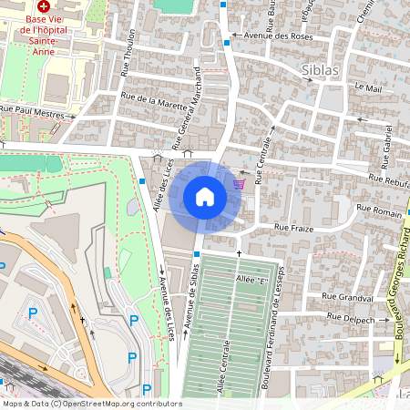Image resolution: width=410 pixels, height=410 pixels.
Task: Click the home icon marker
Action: click(205, 197)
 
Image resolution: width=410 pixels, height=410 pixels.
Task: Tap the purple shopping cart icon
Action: click(239, 184)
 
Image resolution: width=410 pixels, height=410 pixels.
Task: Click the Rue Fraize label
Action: click(293, 228)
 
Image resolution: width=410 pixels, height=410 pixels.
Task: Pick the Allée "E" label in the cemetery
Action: click(250, 278)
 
